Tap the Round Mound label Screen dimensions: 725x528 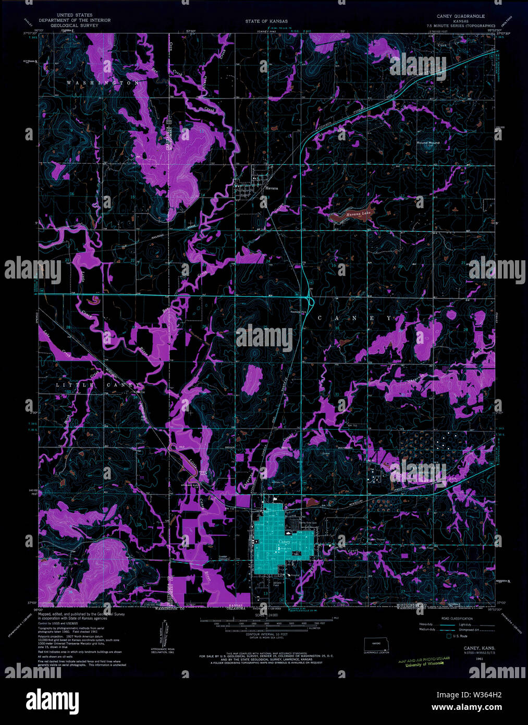coord(428,142)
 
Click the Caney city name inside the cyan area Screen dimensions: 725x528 coord(284,542)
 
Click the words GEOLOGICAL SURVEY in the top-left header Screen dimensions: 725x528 coord(71,25)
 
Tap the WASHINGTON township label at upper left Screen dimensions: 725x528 coord(103,83)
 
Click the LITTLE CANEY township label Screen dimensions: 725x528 coord(98,385)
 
